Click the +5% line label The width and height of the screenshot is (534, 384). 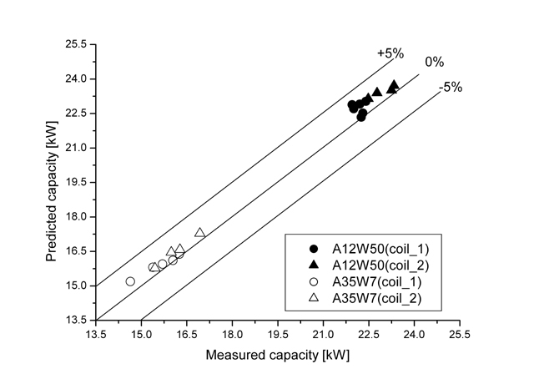[390, 53]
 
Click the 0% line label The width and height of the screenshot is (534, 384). [434, 62]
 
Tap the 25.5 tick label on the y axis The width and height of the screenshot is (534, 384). [74, 44]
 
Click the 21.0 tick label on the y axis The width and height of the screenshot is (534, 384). [74, 148]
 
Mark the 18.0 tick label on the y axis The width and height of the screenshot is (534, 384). [74, 217]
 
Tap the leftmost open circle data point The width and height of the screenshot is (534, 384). [130, 281]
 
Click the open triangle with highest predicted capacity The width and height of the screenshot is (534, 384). [200, 233]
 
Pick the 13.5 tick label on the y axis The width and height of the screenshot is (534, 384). [74, 320]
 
